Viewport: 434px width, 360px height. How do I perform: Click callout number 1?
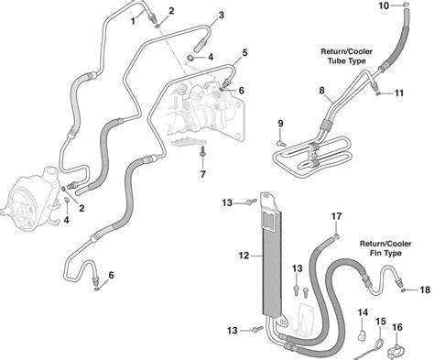[133, 22]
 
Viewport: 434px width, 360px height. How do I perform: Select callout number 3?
[221, 15]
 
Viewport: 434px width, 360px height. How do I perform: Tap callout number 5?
[244, 53]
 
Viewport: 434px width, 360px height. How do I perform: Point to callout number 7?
[203, 174]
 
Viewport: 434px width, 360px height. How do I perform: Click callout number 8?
[322, 91]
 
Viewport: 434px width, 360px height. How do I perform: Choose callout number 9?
[280, 124]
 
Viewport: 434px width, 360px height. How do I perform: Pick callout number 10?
[384, 5]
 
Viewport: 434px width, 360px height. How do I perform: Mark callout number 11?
[399, 93]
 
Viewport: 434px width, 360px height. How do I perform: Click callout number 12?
[244, 256]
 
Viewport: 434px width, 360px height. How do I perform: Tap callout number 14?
[363, 312]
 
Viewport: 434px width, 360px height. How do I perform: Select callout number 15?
[381, 322]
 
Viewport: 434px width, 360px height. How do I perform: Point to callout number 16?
[397, 327]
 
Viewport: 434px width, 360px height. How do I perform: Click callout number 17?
[337, 216]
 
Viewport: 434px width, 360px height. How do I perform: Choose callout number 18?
[425, 289]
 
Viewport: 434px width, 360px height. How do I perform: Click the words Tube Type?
[347, 60]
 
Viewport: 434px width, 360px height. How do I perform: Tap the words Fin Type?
[385, 253]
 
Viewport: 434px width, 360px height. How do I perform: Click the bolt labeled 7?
[202, 152]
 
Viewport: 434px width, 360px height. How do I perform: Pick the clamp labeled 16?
[396, 351]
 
